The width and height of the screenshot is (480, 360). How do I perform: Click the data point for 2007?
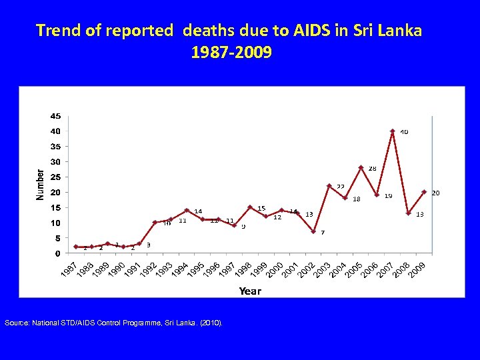pos(393,131)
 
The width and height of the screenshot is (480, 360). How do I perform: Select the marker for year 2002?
pos(313,231)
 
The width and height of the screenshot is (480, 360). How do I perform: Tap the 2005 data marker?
pos(361,167)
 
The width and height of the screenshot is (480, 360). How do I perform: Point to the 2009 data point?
pos(424,192)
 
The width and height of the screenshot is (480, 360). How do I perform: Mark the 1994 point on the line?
pos(187,211)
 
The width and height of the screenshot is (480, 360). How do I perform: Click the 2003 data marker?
pos(329,185)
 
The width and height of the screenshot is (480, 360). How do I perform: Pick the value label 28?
pos(373,169)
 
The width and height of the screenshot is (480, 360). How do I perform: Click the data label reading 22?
pos(341,187)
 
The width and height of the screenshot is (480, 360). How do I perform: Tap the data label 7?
pos(323,233)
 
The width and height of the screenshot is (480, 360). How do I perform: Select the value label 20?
pos(435,193)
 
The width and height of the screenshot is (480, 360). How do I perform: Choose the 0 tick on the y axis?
pos(58,253)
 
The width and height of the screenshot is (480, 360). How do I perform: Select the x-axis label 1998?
pos(243,271)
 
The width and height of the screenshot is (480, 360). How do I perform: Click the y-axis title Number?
pos(40,185)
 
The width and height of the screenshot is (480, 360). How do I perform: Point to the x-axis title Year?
pos(250,291)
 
